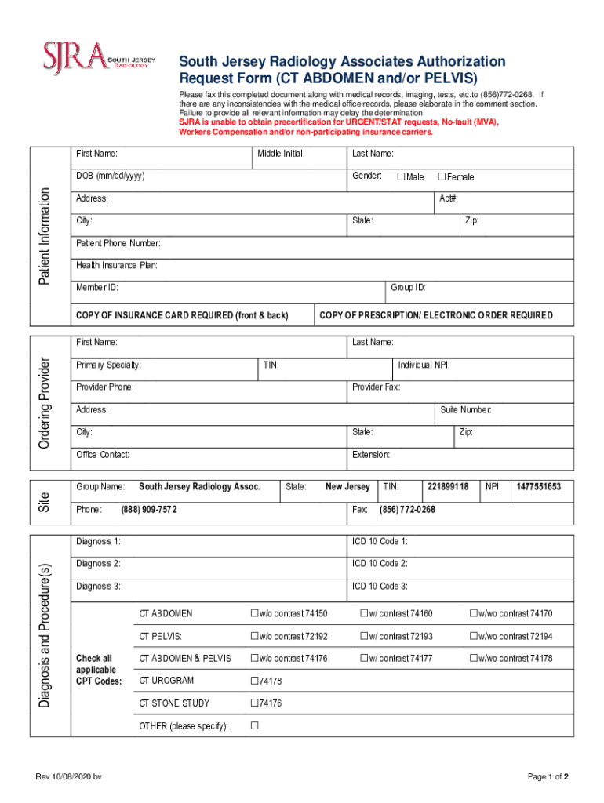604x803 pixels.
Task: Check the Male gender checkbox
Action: click(x=401, y=176)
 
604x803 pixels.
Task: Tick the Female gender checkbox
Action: click(x=442, y=176)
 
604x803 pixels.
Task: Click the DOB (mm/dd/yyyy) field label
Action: click(x=110, y=176)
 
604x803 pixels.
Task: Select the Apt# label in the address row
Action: click(x=449, y=198)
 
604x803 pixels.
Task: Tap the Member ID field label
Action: click(x=97, y=288)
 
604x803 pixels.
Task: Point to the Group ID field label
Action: click(x=408, y=288)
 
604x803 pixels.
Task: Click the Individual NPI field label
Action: click(x=424, y=365)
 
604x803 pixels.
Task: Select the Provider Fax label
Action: click(x=376, y=387)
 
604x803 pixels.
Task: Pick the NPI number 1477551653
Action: click(x=538, y=487)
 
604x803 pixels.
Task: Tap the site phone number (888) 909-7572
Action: click(x=149, y=510)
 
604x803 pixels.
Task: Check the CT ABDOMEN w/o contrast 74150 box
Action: click(x=254, y=613)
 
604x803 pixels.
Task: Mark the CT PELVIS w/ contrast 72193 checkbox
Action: click(x=364, y=636)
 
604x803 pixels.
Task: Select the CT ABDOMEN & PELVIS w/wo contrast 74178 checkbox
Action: click(x=473, y=658)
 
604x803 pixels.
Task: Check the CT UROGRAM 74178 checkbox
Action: click(x=254, y=681)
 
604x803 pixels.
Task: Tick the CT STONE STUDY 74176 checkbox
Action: click(x=254, y=703)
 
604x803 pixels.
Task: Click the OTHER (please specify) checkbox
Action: click(x=254, y=725)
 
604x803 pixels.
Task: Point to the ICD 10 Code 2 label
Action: click(x=380, y=564)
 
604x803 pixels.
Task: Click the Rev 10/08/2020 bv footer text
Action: click(x=68, y=776)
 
